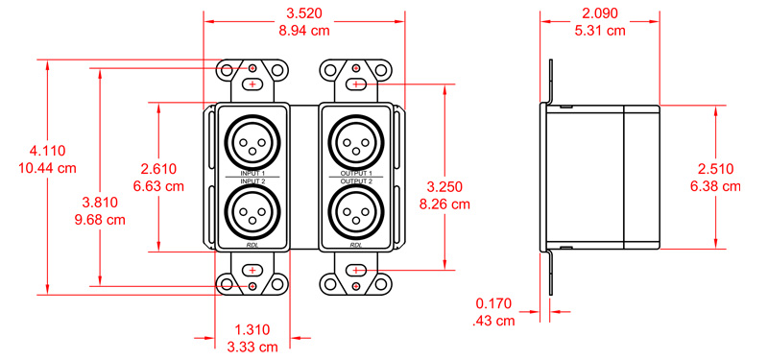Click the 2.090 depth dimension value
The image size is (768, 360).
point(602,14)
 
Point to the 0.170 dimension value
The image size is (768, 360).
point(494,304)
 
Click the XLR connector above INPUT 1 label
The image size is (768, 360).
point(252,143)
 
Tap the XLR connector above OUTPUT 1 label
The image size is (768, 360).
point(355,143)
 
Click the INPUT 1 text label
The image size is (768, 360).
point(252,173)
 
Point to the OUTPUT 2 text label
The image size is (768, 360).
point(355,180)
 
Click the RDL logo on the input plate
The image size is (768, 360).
point(252,245)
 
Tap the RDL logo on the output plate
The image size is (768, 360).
point(356,245)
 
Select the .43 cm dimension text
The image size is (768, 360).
point(494,321)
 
